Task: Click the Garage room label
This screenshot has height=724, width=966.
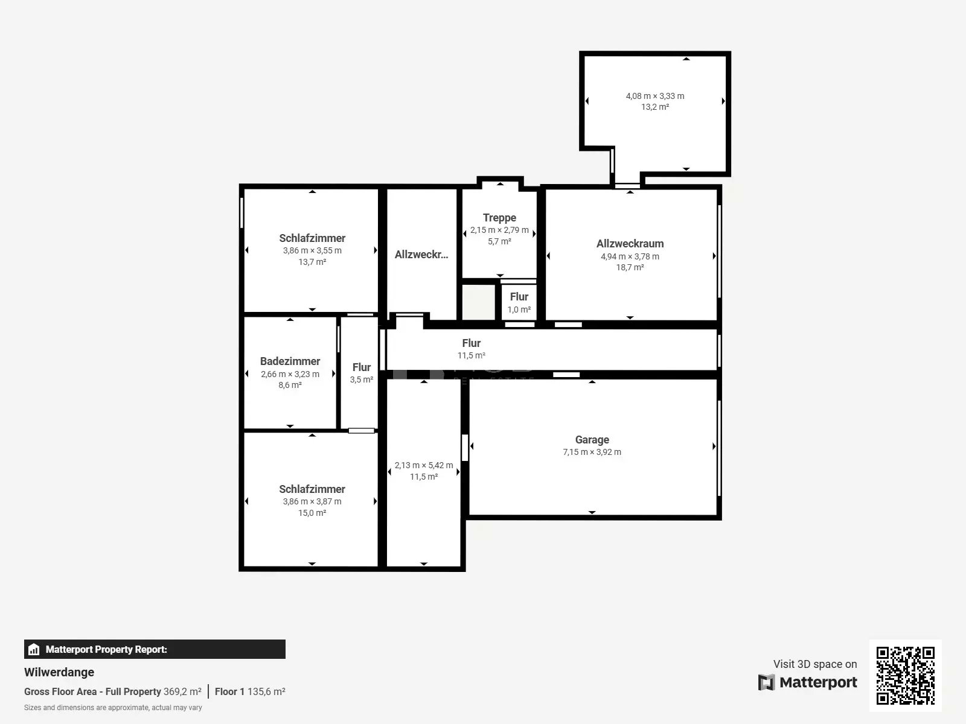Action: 592,440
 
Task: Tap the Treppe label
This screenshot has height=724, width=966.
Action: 499,218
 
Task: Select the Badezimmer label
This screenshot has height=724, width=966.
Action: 290,361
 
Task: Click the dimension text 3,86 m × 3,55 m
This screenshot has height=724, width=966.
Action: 312,250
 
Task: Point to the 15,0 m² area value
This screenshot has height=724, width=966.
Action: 312,513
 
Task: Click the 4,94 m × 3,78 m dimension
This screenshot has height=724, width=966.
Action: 630,256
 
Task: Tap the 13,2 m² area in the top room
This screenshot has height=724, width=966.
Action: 655,107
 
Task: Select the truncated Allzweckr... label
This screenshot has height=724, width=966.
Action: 421,255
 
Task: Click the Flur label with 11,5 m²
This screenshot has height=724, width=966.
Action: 472,343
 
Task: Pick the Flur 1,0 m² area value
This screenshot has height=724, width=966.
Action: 519,310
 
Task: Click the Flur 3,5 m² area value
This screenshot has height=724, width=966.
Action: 361,379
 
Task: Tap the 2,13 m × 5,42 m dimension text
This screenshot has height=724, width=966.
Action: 423,465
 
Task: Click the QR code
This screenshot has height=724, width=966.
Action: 905,675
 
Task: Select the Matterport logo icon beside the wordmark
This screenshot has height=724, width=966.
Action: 766,682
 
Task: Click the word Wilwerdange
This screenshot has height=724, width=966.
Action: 59,672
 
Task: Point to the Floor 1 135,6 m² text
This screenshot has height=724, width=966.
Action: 250,691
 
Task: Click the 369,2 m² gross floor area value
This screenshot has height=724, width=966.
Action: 182,691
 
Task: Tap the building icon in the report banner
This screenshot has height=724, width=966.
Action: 34,649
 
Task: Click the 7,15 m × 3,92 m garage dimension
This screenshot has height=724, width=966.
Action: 592,452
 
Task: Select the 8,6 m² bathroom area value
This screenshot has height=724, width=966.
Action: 290,385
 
